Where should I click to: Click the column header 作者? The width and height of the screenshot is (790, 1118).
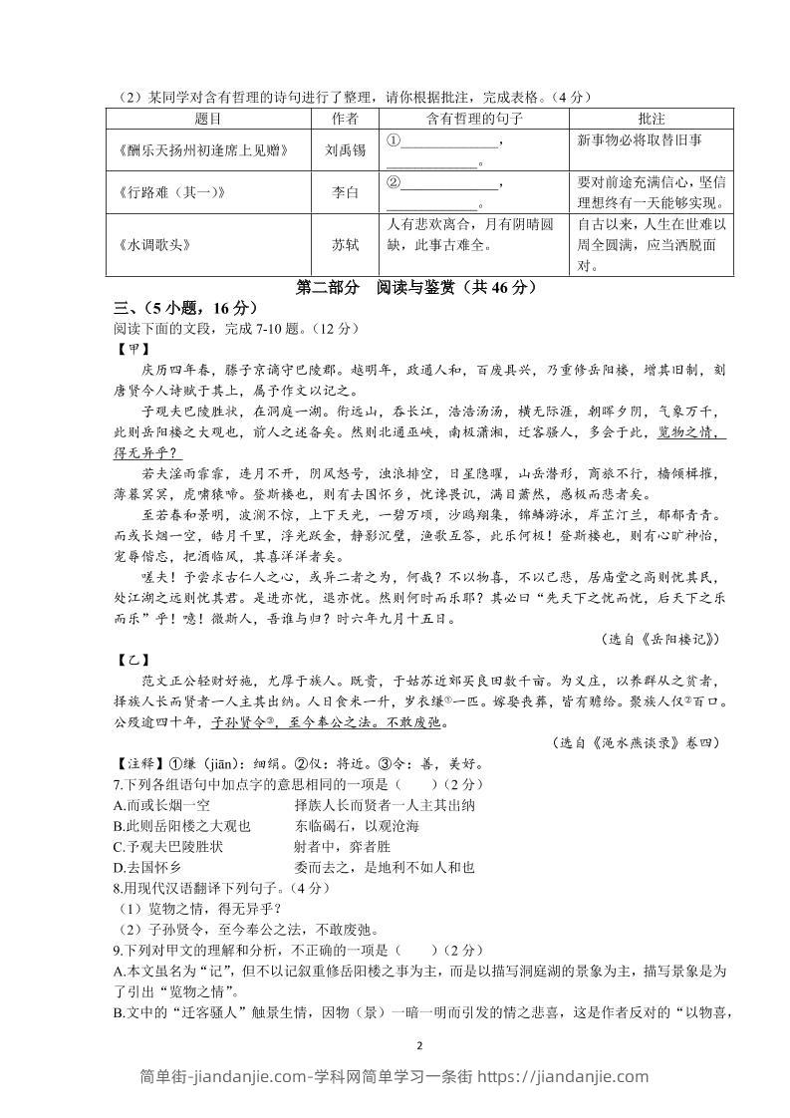[x=344, y=119]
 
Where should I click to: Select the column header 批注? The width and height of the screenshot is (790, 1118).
[x=651, y=119]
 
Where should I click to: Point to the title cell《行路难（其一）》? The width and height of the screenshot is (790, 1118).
[x=173, y=192]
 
